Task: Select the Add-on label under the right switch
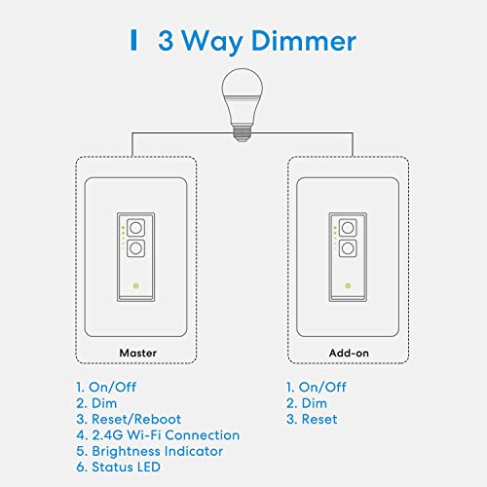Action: pos(348,353)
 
